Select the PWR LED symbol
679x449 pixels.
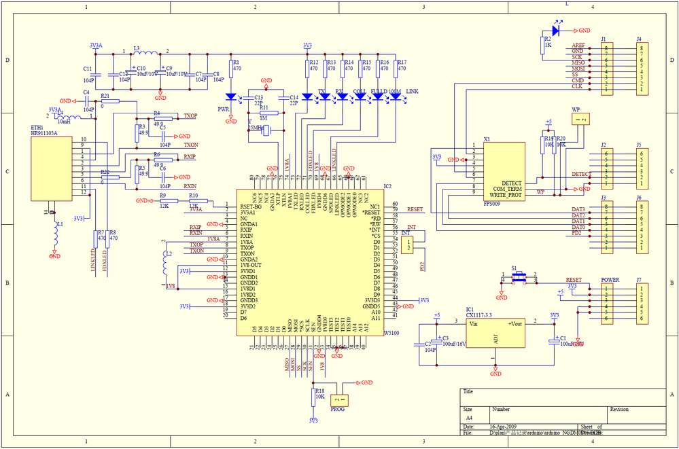coord(231,96)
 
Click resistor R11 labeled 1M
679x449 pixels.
coord(264,113)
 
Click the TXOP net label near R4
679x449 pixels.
coord(190,116)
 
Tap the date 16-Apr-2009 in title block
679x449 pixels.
coord(504,427)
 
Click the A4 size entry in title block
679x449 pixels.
coord(469,418)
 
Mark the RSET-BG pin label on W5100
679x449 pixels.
coord(251,206)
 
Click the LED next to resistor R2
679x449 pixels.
coord(558,31)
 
